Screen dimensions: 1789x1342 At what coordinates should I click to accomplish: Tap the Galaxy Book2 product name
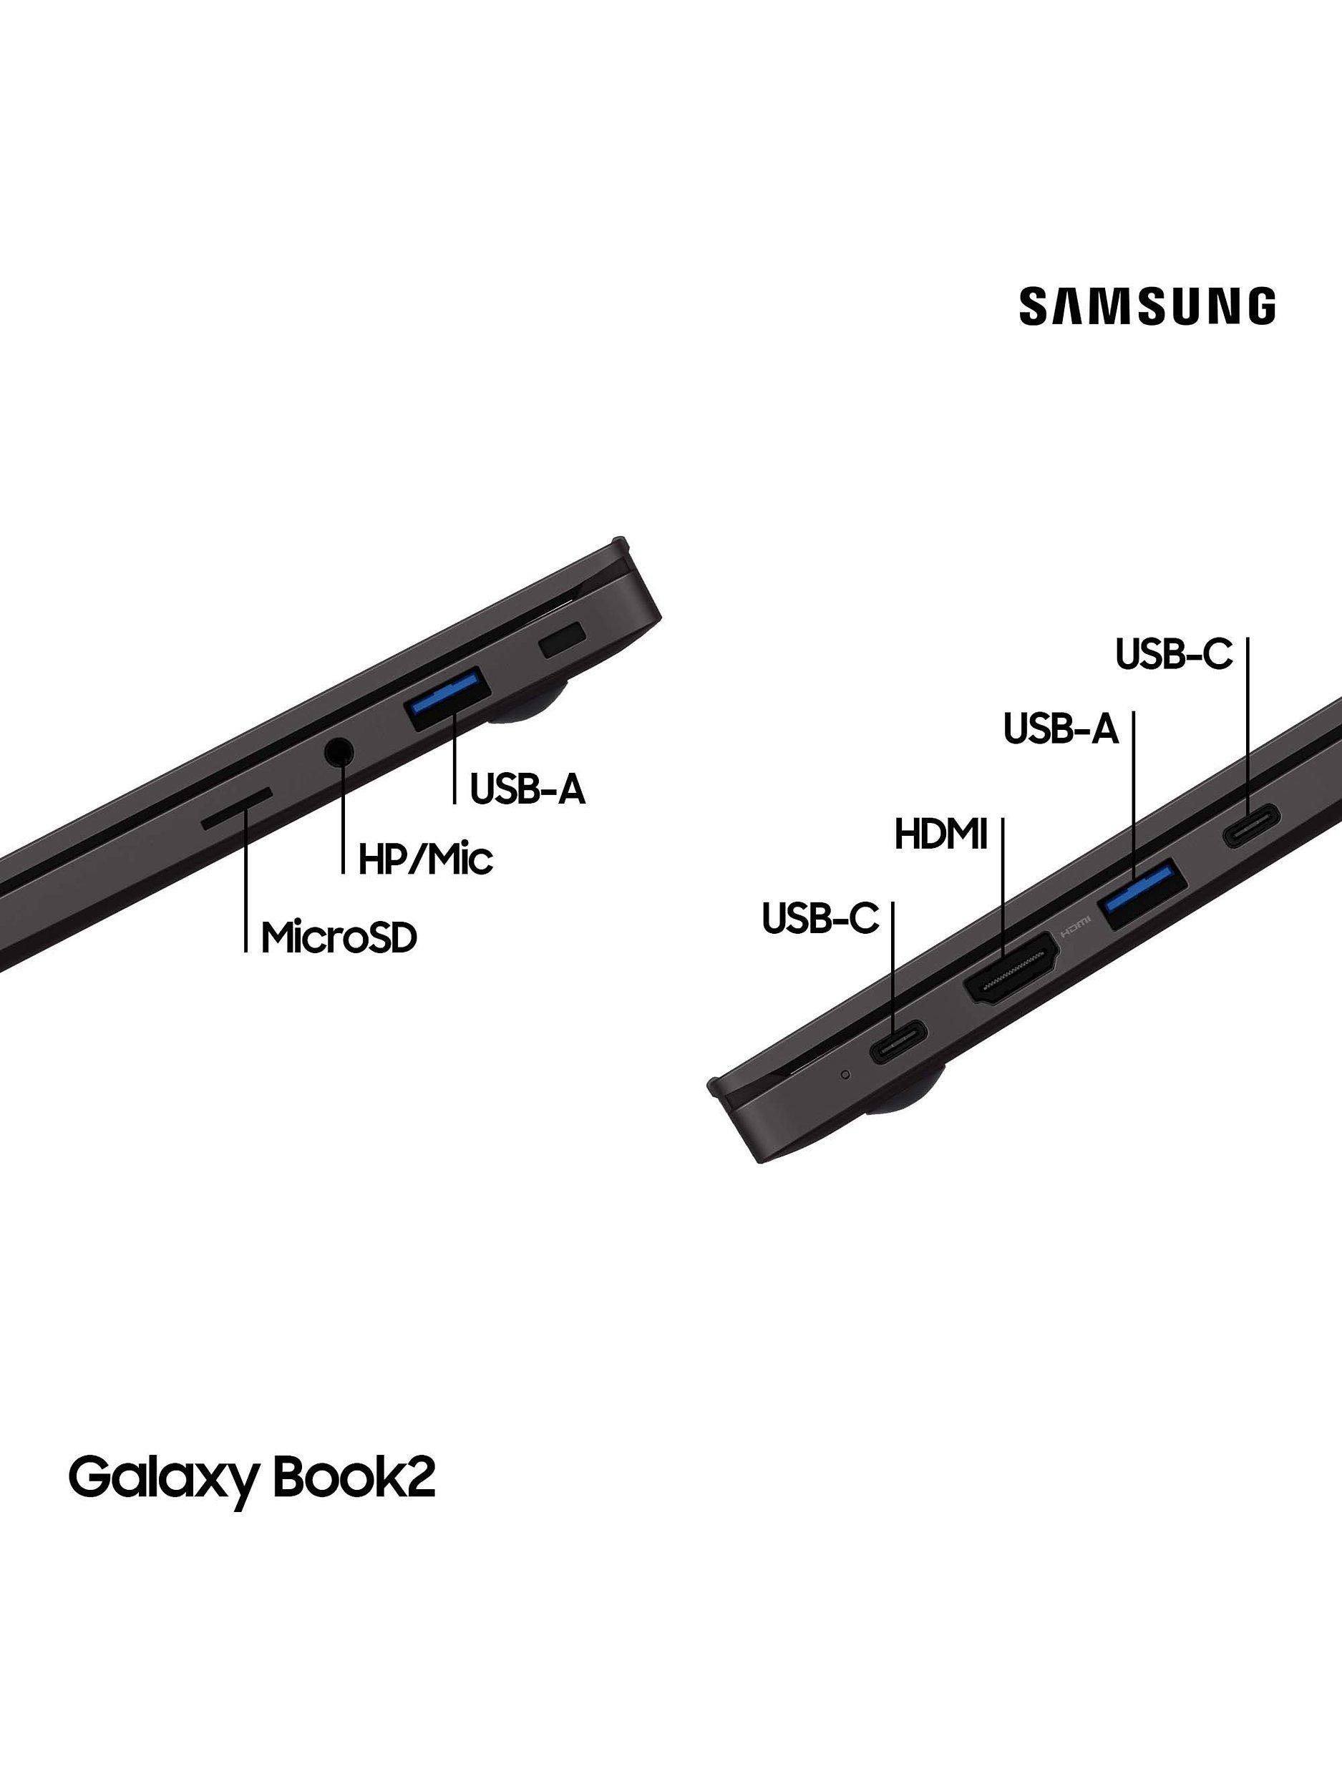251,1478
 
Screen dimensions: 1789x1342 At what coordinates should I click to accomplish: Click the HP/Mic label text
425,859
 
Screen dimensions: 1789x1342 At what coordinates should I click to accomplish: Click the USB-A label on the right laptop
1061,728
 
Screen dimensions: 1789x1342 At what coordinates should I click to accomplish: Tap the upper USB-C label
1174,654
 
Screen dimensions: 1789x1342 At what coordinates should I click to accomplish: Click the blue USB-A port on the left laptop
448,691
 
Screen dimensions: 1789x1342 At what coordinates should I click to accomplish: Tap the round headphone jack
340,751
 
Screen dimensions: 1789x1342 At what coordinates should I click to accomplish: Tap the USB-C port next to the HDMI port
897,1043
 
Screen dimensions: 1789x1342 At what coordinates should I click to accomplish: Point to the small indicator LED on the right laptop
846,1075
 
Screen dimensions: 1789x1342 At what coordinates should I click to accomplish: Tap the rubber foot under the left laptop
530,704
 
